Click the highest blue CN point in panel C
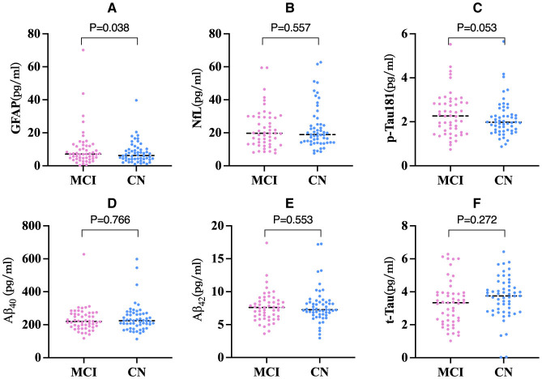tap(503, 42)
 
